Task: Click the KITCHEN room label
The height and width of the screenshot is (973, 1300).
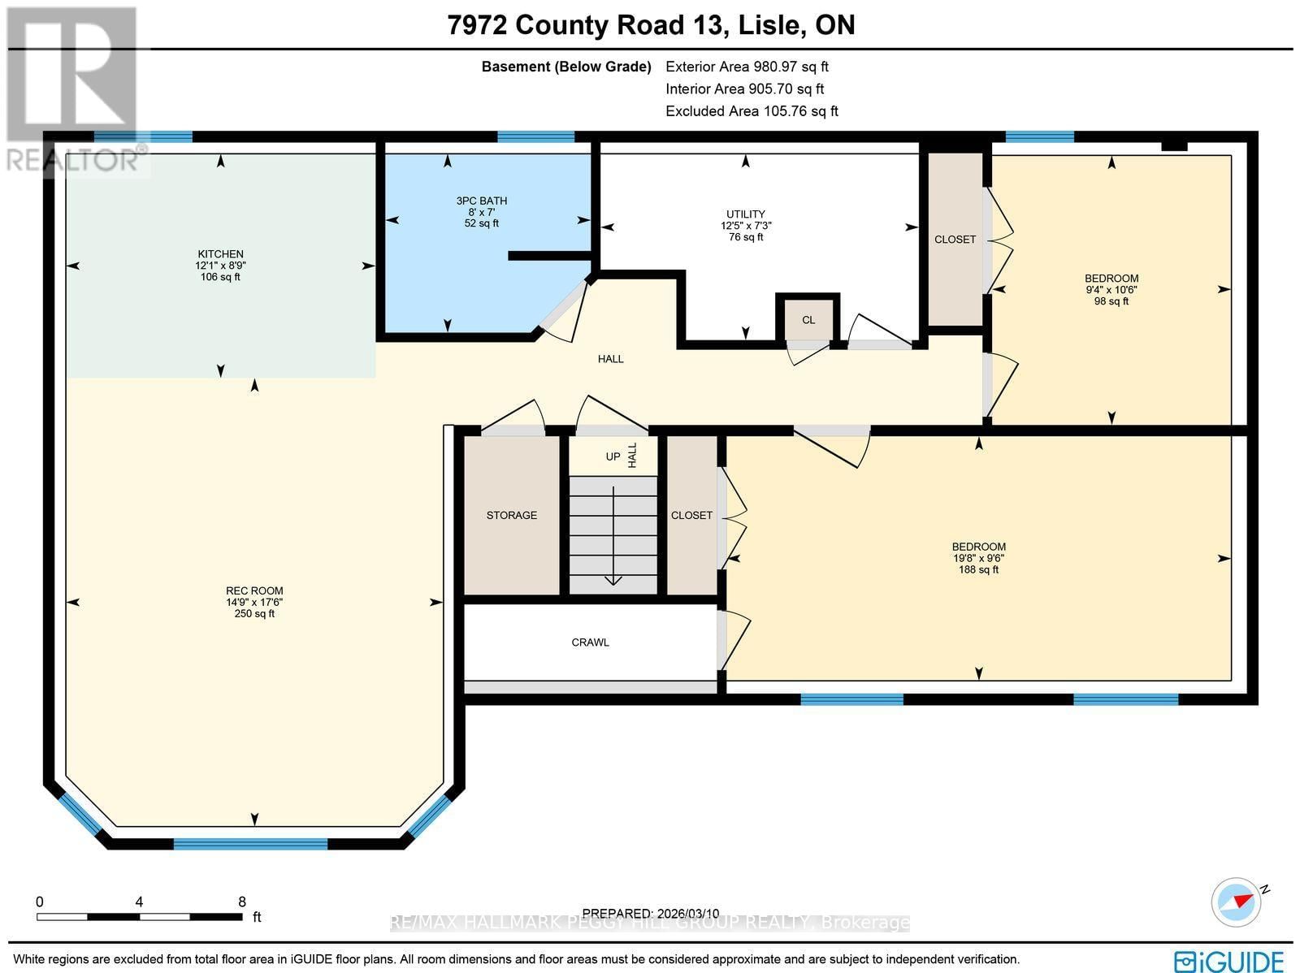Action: point(220,254)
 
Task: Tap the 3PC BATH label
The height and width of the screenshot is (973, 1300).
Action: point(482,201)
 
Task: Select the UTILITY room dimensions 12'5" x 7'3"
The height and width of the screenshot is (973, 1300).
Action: point(745,226)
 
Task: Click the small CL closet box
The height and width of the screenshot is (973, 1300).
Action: point(808,319)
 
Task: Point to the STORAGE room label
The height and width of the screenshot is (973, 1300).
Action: point(511,515)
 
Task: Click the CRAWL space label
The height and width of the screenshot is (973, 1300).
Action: point(590,642)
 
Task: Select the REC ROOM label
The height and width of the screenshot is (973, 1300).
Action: point(254,591)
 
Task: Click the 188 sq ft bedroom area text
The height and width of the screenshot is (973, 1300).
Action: point(978,570)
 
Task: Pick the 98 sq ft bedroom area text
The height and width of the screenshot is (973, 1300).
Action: point(1111,301)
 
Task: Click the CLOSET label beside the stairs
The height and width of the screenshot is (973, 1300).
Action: point(691,515)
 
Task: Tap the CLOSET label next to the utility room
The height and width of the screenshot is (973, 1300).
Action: point(955,240)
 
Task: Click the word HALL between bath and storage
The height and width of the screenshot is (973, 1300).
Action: point(610,359)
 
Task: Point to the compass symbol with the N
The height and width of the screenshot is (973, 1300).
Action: point(1236,902)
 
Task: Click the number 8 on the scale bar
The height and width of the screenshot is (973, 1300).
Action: point(241,902)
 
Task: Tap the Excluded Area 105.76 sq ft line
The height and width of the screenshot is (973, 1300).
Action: point(751,111)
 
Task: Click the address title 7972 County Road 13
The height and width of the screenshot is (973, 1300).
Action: point(585,25)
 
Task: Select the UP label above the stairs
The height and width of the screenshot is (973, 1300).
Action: point(613,456)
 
